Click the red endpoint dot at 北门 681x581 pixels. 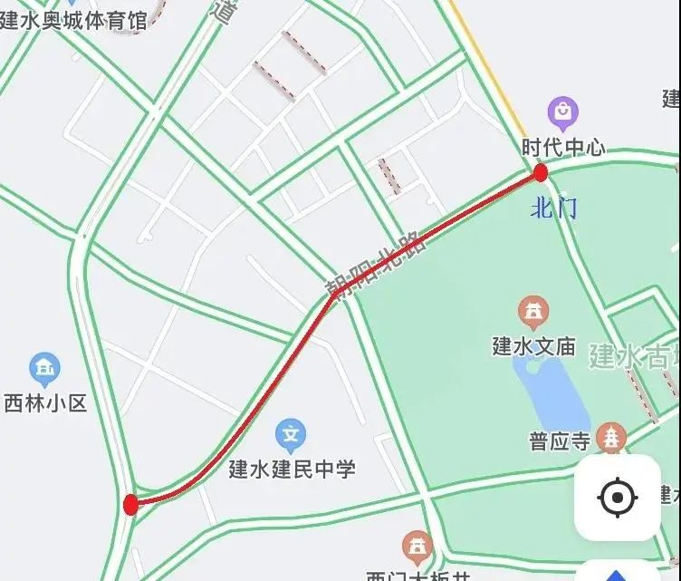[541, 173]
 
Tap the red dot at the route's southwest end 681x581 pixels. [131, 505]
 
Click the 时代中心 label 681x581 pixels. [562, 147]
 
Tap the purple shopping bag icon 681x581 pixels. [563, 113]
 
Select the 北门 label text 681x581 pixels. [553, 209]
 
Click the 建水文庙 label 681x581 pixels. [533, 345]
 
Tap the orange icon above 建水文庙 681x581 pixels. [533, 314]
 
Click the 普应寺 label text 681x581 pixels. [560, 441]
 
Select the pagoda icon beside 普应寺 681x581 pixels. [614, 438]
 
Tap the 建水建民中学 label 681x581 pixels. [292, 469]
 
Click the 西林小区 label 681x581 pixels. [44, 402]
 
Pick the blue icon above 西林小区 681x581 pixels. [44, 368]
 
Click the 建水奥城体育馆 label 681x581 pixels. [72, 20]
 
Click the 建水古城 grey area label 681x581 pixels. [634, 355]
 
